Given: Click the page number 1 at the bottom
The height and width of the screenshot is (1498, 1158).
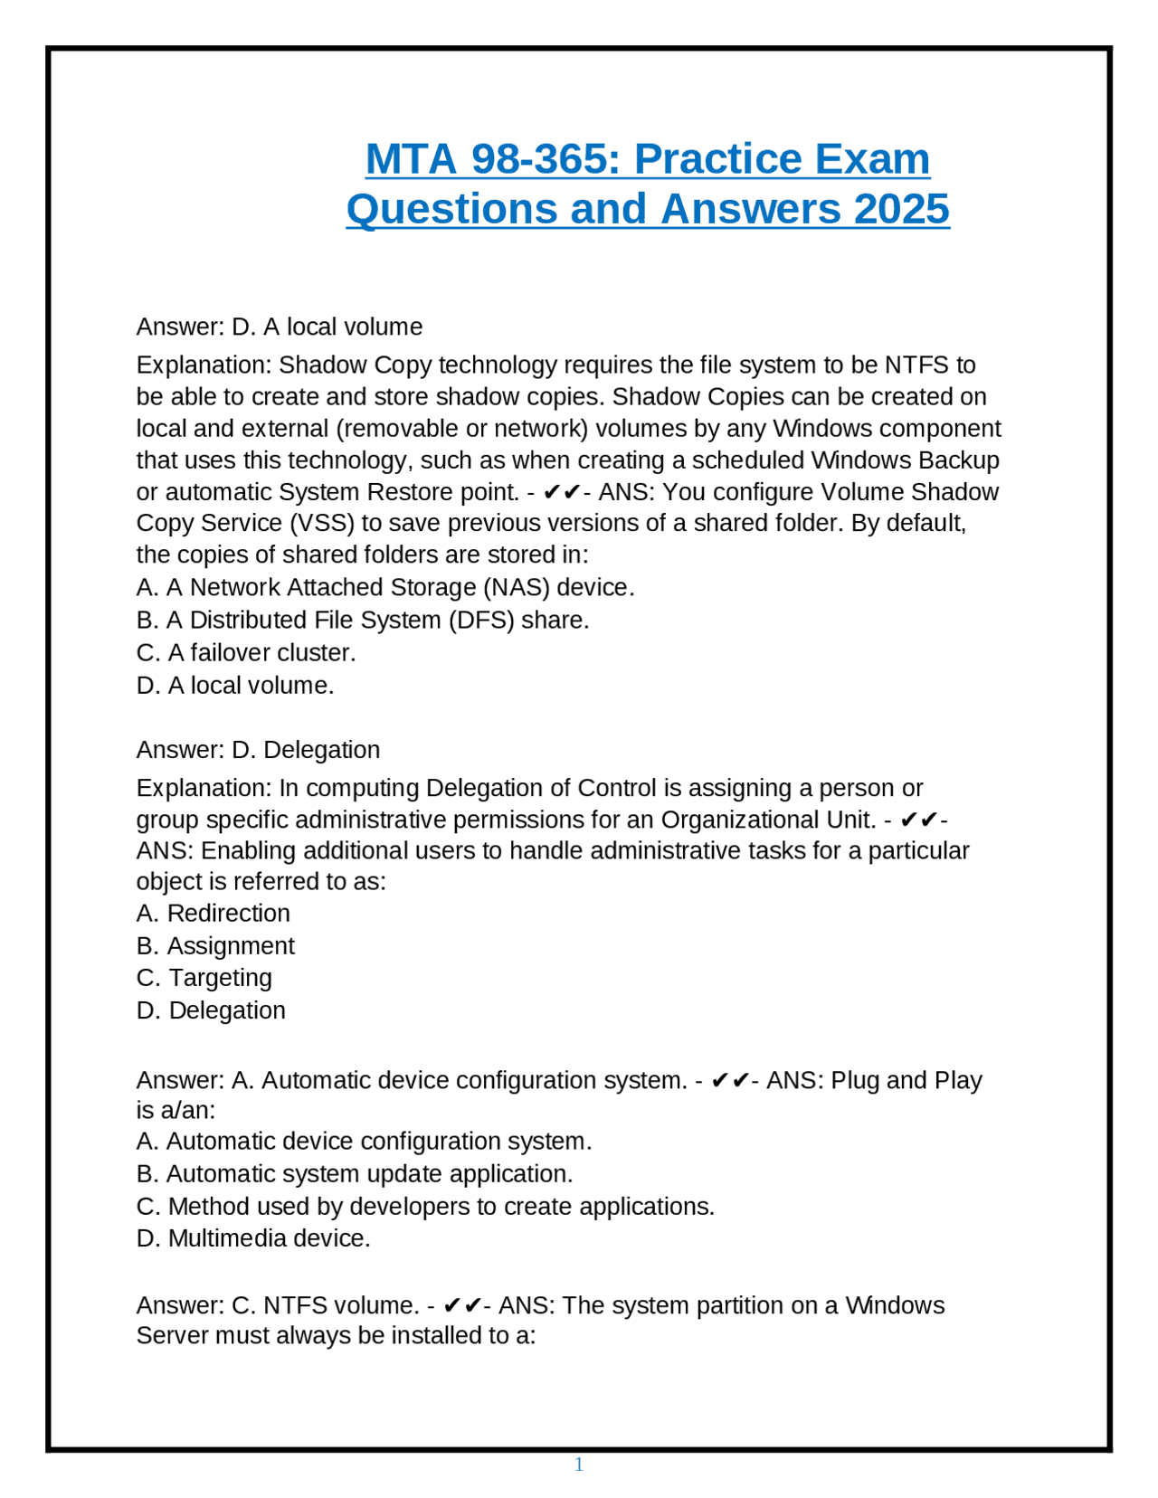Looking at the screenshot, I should click(579, 1465).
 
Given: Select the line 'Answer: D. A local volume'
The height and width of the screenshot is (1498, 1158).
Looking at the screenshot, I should click(280, 327).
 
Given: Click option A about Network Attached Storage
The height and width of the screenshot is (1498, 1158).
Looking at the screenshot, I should click(385, 587).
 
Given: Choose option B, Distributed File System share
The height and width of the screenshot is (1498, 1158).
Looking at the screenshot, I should click(363, 620).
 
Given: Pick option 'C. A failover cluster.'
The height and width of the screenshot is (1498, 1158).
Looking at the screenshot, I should click(246, 652).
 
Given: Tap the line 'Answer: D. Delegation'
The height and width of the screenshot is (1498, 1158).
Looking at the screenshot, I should click(258, 750).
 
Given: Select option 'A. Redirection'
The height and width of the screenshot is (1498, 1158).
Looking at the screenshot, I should click(214, 913).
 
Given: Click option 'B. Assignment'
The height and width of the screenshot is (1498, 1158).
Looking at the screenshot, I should click(215, 945).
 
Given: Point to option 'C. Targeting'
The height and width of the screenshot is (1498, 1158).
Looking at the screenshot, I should click(204, 978).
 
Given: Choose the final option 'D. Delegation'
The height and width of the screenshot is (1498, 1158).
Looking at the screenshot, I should click(211, 1010).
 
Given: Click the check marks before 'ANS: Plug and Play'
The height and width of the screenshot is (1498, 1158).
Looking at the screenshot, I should click(730, 1080).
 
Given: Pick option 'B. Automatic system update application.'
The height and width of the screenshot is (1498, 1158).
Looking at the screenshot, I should click(355, 1173).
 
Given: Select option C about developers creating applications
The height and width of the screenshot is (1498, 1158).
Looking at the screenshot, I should click(425, 1206).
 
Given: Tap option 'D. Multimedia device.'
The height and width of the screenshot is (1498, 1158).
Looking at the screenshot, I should click(253, 1238).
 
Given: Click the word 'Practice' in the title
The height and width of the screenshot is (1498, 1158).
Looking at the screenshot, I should click(718, 159).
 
